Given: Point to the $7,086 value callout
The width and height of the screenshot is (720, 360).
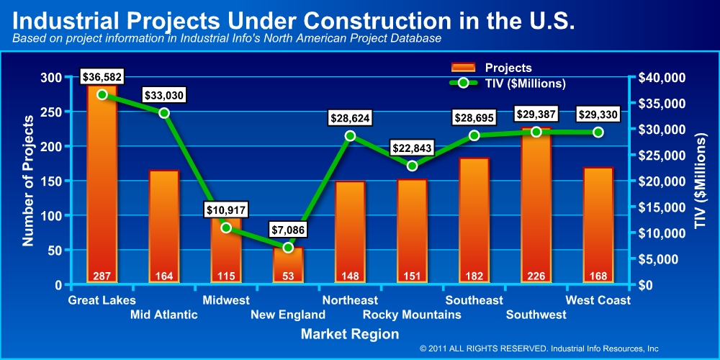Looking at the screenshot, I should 288,230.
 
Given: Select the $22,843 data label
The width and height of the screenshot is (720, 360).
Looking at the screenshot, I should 413,148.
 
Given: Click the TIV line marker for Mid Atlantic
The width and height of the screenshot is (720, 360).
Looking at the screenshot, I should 164,113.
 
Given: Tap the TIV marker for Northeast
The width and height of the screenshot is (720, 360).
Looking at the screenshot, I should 350,135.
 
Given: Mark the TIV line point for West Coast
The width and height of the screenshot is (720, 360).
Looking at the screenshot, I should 598,132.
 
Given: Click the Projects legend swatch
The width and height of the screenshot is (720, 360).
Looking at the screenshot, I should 463,68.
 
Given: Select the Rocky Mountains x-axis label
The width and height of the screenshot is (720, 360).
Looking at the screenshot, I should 412,315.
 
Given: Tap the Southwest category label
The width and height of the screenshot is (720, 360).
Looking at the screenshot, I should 535,315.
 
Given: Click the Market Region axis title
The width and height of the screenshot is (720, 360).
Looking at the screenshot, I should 349,334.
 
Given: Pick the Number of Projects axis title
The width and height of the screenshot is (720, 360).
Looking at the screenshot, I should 29,179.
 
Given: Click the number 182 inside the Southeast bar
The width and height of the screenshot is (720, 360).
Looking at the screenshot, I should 474,275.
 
